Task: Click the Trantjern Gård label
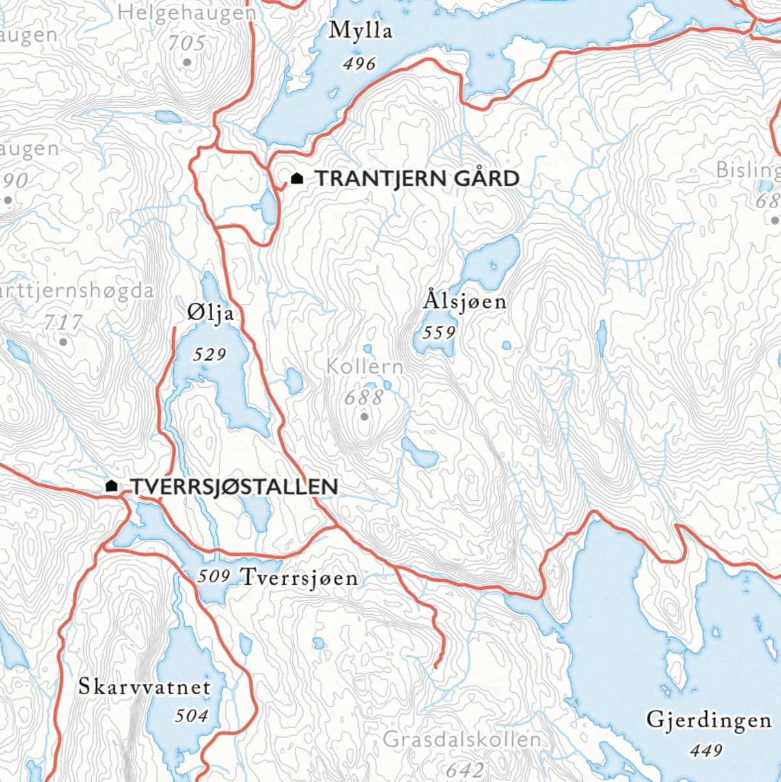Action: coord(417,178)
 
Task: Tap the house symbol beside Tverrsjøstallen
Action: coord(112,485)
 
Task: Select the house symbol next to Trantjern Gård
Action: coord(297,178)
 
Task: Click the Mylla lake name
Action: coord(361,31)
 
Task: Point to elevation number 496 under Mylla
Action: coord(360,64)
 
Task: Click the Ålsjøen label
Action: coord(465,301)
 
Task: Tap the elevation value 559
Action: coord(439,332)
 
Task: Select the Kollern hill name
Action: coord(364,367)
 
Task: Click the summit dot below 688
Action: coord(364,416)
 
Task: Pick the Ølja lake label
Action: coord(210,314)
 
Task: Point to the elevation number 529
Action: coord(210,355)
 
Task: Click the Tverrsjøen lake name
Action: coord(299,577)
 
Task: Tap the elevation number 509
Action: coord(213,576)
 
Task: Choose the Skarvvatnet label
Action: coord(144,686)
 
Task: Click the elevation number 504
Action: coord(191,716)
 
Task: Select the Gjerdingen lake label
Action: coord(708,720)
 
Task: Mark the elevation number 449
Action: coord(706,751)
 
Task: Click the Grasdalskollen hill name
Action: coord(462,740)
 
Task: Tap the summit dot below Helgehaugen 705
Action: coord(187,62)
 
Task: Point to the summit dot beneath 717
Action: coord(63,342)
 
